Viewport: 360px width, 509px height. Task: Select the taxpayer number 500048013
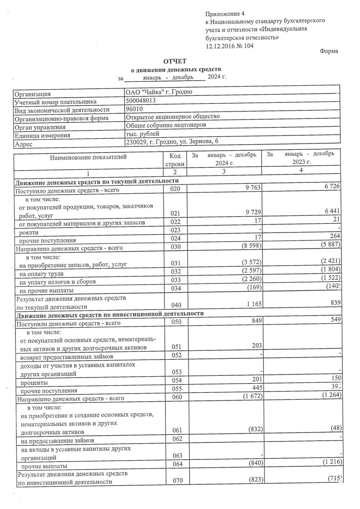pos(141,101)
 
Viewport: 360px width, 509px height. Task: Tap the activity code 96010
pos(135,109)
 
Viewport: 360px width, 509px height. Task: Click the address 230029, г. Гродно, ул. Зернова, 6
pos(172,142)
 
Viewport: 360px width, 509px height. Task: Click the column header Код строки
pos(175,160)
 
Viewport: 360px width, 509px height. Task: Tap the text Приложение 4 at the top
pos(225,14)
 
